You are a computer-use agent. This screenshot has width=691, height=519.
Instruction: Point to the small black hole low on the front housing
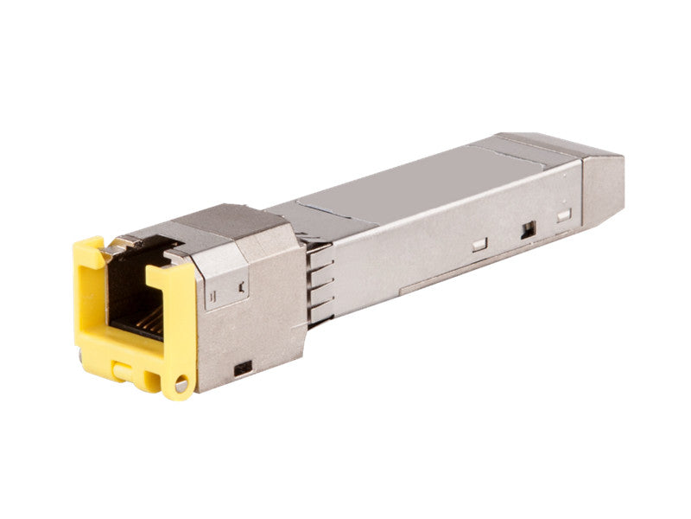click(x=243, y=367)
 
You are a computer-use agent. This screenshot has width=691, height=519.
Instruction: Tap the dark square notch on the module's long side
click(x=529, y=230)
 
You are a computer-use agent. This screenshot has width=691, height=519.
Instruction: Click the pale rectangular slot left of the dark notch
click(x=479, y=245)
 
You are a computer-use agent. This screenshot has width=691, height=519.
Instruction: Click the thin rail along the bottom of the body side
click(x=466, y=269)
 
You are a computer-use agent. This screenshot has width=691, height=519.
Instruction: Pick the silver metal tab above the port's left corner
click(x=113, y=249)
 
